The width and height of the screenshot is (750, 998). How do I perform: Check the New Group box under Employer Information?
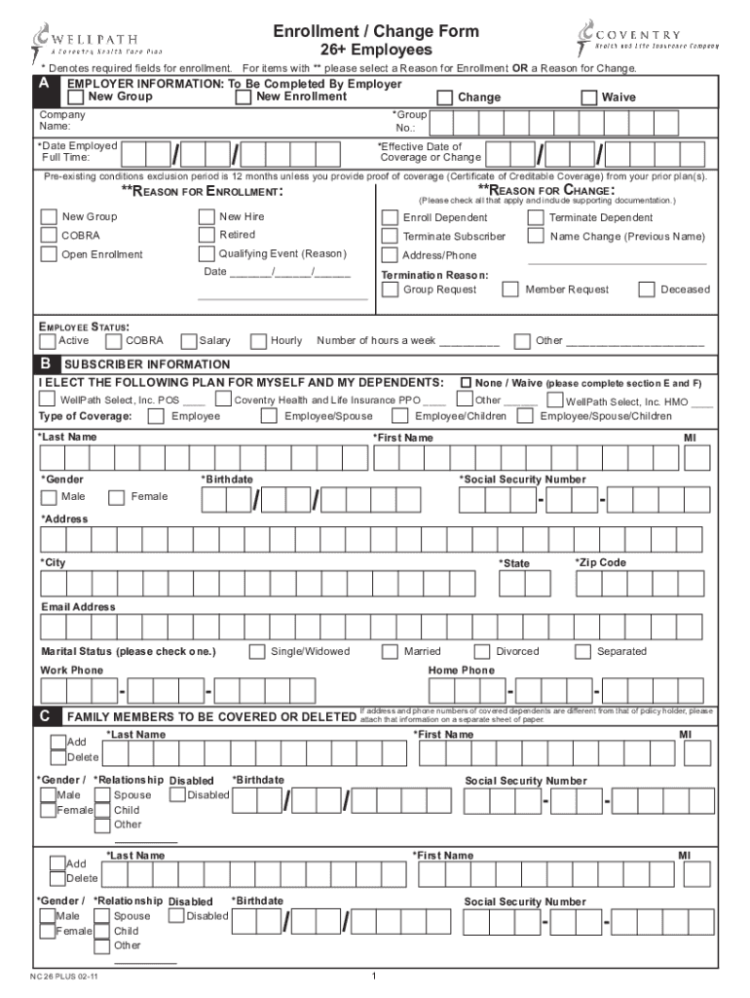click(76, 97)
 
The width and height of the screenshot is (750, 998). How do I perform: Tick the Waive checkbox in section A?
click(588, 97)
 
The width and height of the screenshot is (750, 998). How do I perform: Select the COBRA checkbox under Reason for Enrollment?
click(49, 236)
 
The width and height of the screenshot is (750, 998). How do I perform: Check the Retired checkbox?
click(206, 236)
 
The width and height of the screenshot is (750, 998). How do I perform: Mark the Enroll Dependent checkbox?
click(390, 217)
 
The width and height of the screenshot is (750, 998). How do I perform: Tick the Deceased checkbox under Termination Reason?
click(647, 289)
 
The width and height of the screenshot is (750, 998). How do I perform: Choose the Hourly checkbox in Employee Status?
click(258, 341)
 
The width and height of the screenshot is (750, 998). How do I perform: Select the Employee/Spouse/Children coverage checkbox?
click(525, 416)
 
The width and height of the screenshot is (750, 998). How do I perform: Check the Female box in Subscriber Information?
click(116, 497)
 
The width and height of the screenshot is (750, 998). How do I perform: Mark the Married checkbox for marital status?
click(390, 651)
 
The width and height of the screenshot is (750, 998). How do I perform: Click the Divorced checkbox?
click(482, 651)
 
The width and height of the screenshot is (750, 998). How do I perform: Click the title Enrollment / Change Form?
click(376, 31)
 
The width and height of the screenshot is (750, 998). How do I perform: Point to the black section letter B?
click(46, 364)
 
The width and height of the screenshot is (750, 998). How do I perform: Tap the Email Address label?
click(78, 607)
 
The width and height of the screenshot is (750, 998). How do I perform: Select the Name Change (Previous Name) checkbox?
click(536, 236)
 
